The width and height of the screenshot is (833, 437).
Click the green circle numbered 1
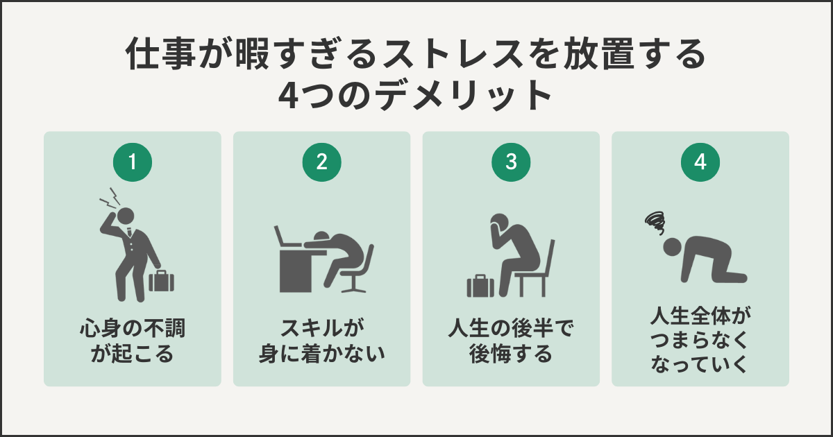(132, 162)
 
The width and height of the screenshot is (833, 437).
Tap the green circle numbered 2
(321, 162)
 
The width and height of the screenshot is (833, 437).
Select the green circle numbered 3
(511, 162)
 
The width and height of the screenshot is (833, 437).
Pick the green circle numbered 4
(700, 162)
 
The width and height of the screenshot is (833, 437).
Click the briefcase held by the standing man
(162, 281)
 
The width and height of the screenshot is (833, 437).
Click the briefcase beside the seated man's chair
(480, 285)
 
